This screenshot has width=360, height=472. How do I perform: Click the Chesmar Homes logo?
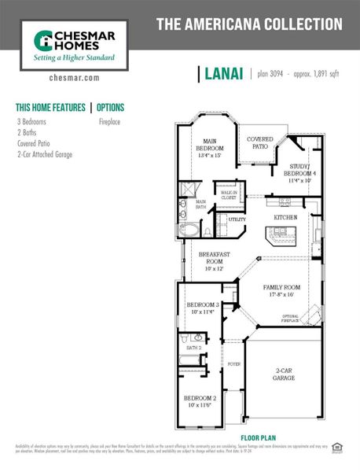[x=74, y=45]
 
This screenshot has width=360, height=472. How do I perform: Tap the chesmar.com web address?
[x=74, y=78]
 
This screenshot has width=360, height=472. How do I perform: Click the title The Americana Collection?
[x=249, y=24]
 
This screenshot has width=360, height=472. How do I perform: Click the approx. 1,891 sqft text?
[x=317, y=75]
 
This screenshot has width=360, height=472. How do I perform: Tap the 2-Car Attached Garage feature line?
[x=45, y=155]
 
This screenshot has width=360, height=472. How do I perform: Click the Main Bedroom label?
[x=209, y=148]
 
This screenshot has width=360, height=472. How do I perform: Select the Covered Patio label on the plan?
[x=260, y=142]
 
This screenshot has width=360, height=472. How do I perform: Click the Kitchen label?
[x=284, y=216]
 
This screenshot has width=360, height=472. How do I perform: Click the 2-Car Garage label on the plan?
[x=285, y=374]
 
